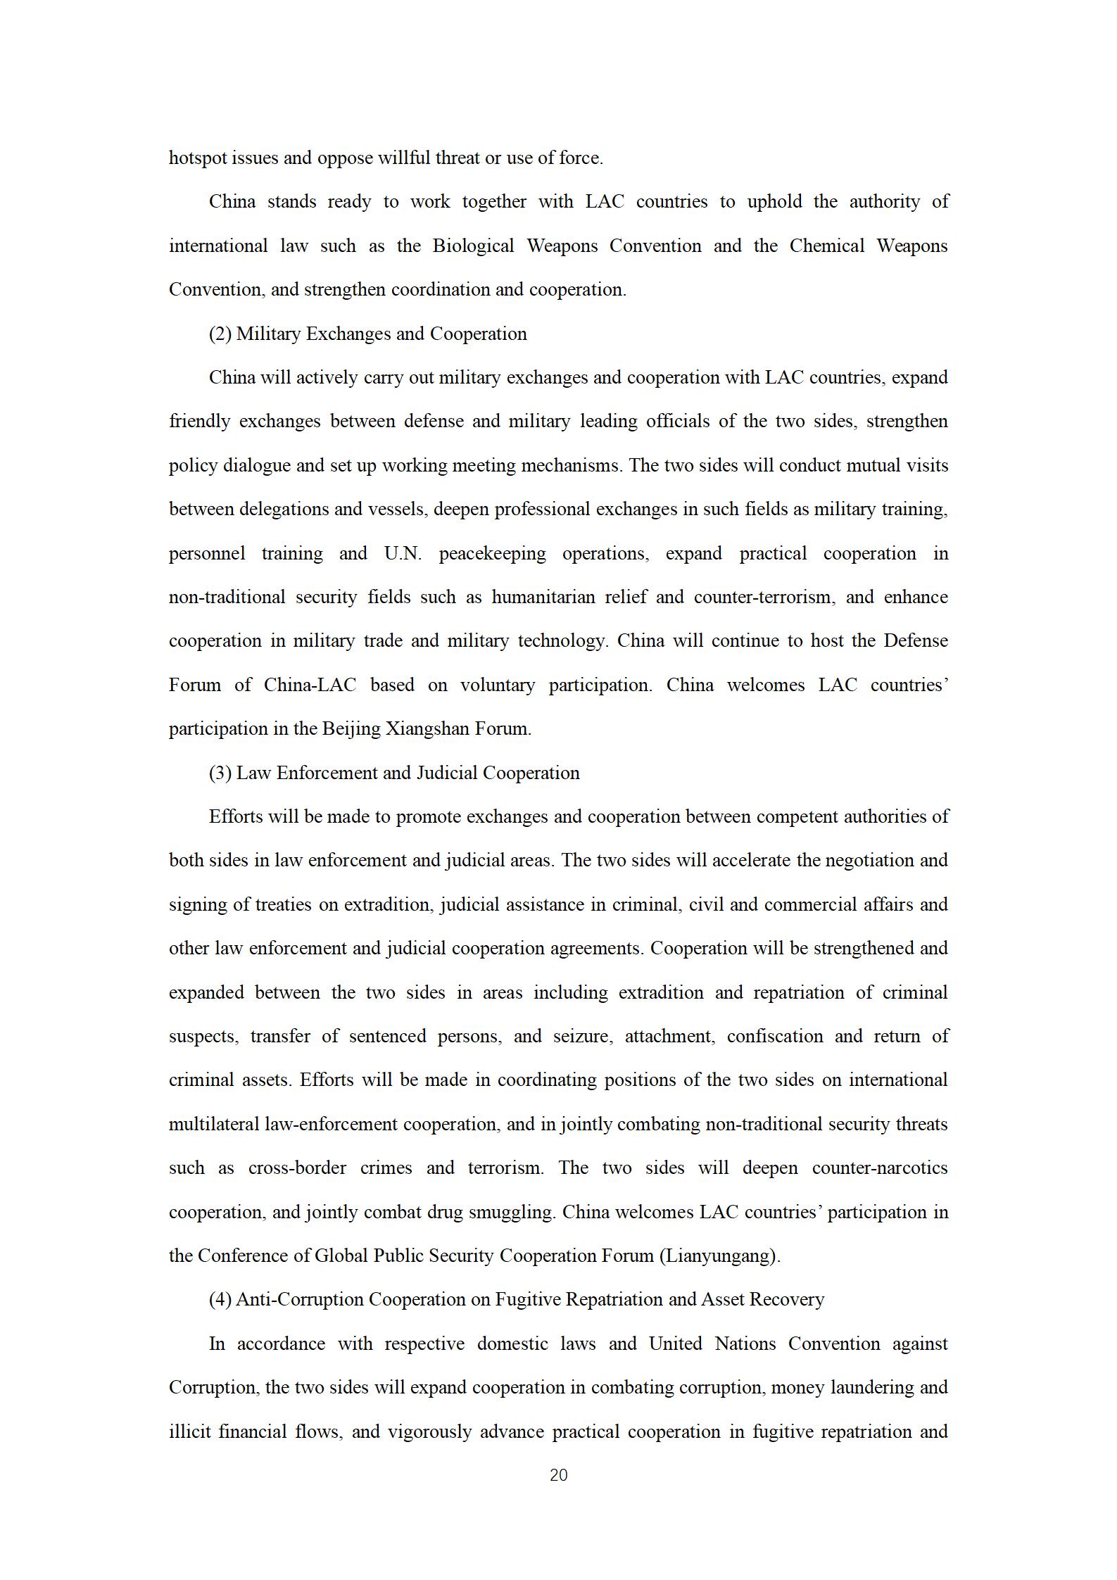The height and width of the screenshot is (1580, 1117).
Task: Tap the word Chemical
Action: coord(826,246)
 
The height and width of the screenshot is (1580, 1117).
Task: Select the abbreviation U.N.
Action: coord(403,553)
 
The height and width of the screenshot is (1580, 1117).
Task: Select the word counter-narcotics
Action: coord(880,1168)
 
